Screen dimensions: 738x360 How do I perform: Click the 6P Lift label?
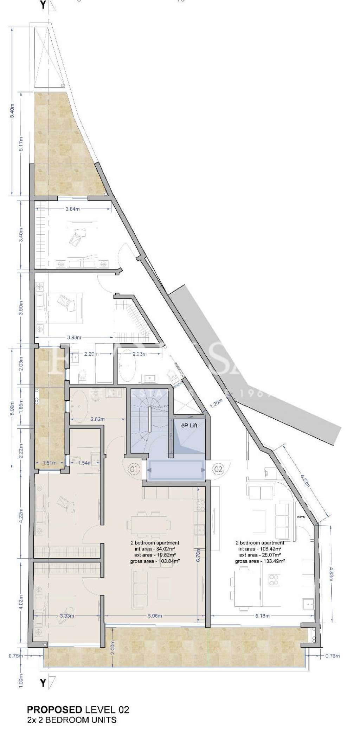(x=189, y=425)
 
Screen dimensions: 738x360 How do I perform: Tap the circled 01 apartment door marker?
(x=134, y=469)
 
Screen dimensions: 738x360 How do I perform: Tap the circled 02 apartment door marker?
(x=218, y=469)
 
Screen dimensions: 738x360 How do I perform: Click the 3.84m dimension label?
(x=73, y=209)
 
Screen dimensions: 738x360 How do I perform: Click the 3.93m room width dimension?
(x=74, y=338)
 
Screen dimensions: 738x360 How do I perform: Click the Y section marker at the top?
(x=43, y=5)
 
